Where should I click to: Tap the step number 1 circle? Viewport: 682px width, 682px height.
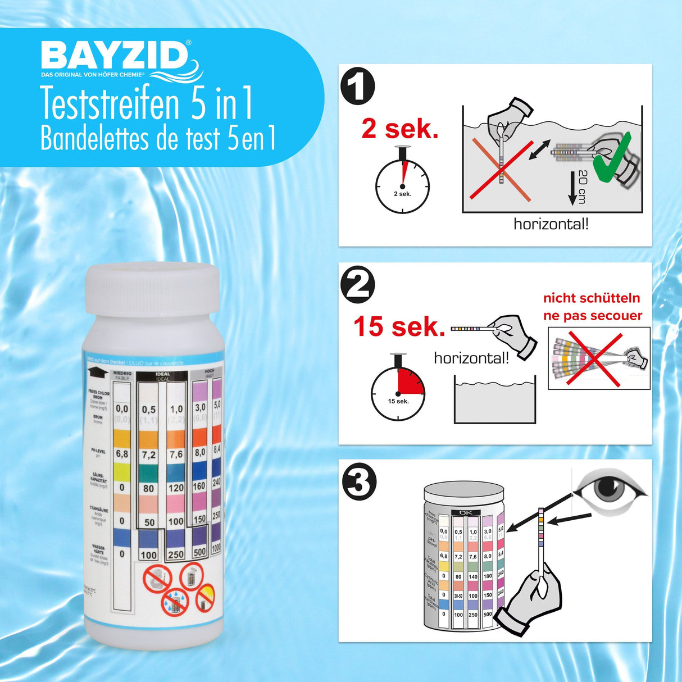[x=358, y=87]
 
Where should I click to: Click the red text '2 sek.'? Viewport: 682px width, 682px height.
[x=399, y=129]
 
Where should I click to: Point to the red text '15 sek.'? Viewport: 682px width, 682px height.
[x=399, y=326]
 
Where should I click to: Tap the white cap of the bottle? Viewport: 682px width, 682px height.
[x=152, y=289]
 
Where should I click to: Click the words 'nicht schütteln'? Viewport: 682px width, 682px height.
[x=592, y=298]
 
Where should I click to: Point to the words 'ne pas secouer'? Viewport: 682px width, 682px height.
[x=592, y=316]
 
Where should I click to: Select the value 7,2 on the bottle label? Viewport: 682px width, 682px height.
[x=149, y=454]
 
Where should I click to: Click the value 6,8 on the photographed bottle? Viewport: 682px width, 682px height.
[x=122, y=454]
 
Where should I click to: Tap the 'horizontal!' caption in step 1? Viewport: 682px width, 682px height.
[x=551, y=224]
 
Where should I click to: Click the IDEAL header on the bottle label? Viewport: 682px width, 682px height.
[x=162, y=374]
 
